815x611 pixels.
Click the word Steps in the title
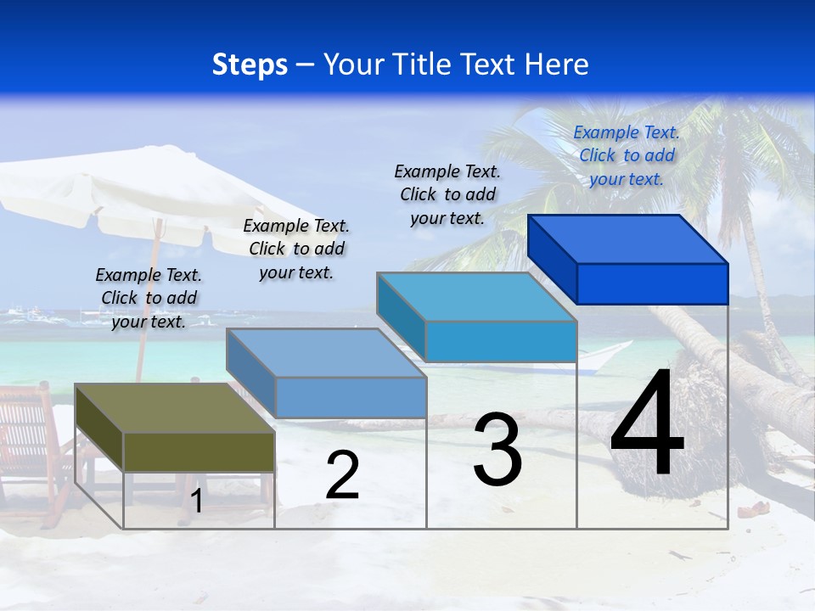[250, 64]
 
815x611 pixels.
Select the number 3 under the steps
[497, 450]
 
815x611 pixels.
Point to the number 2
[342, 476]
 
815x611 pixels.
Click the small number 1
[197, 502]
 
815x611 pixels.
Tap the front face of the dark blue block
[652, 283]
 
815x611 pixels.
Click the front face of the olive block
[199, 451]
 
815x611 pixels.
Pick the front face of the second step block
[351, 397]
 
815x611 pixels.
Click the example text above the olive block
[149, 299]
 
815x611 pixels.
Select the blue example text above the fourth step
[627, 156]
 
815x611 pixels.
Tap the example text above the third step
[447, 195]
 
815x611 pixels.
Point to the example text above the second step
[296, 249]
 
